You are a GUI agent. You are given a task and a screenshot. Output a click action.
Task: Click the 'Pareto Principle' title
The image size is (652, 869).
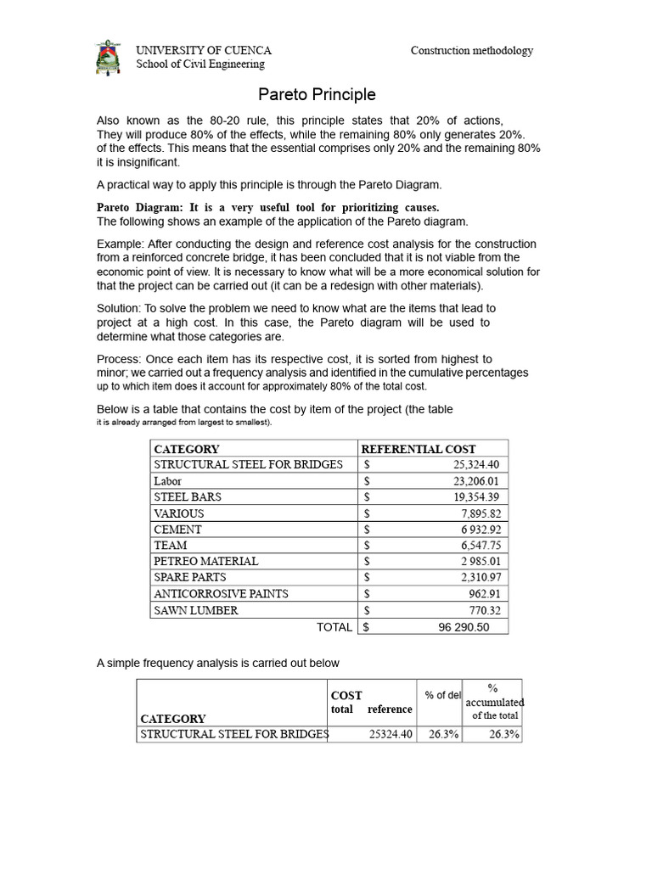[x=317, y=95]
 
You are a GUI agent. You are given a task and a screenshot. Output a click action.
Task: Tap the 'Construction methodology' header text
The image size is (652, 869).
[x=472, y=51]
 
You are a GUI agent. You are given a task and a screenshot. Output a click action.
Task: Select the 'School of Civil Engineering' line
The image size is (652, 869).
[x=200, y=64]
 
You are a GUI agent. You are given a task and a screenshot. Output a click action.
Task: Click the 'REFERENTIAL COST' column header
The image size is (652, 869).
[x=418, y=449]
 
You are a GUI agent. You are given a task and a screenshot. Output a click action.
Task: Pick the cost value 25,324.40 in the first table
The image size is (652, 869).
[x=476, y=464]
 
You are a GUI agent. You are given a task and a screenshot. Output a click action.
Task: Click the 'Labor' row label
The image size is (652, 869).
[x=167, y=480]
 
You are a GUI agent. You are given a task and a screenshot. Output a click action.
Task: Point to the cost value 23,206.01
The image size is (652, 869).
[x=476, y=480]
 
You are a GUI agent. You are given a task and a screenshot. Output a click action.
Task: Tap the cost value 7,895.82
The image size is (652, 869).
[x=481, y=513]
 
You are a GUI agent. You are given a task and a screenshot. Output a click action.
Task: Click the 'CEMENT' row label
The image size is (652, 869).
[x=177, y=530]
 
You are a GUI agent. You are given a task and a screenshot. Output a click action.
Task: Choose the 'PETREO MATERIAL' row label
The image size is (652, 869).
[x=205, y=561]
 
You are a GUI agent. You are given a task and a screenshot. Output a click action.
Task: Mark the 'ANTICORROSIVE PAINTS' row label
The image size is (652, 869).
[x=221, y=593]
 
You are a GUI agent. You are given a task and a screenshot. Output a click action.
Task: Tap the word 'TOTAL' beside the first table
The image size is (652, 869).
[x=334, y=627]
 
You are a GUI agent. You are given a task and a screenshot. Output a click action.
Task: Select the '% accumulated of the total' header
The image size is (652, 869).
[x=494, y=702]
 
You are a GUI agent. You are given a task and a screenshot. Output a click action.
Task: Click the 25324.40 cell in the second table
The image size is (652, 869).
[x=391, y=735]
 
